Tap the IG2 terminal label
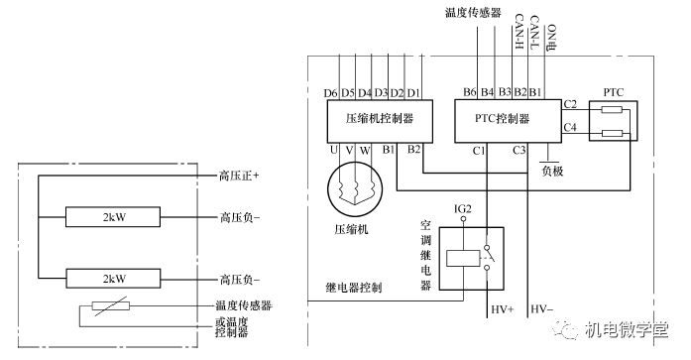point(463,208)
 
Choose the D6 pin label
point(331,93)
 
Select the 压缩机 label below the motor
point(353,230)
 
